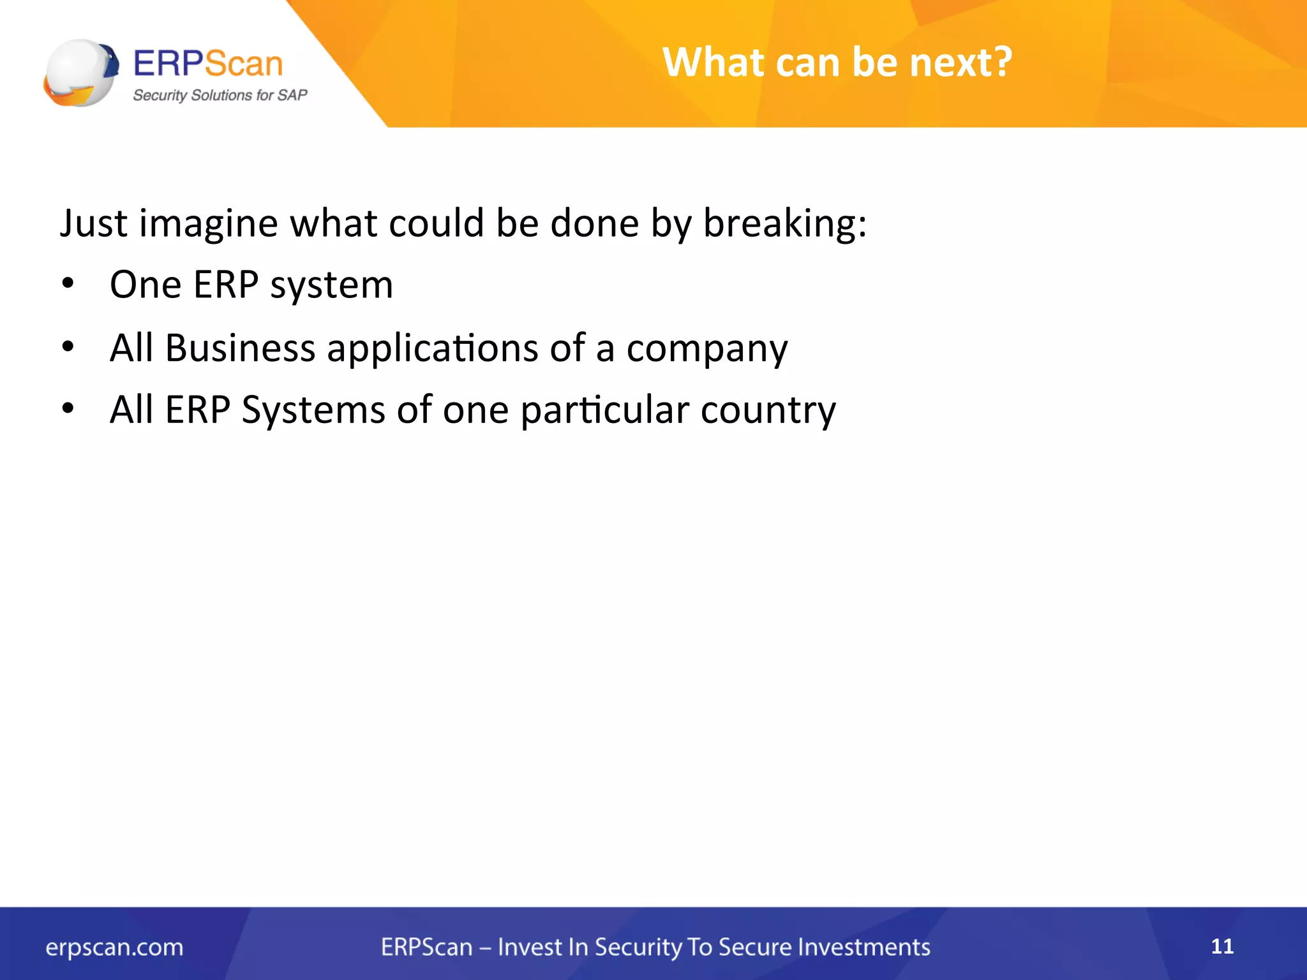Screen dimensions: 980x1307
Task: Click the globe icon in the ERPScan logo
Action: pos(80,73)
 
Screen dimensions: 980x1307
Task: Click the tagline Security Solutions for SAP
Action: pos(220,95)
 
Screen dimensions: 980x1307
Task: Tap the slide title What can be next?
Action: pos(837,63)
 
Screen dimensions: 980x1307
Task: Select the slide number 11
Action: pos(1222,946)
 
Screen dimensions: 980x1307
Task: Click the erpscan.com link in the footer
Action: pos(114,947)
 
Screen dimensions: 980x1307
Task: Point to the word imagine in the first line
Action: pos(208,224)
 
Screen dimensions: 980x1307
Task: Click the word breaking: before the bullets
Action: pos(784,224)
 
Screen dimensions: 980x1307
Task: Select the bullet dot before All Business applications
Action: pos(68,347)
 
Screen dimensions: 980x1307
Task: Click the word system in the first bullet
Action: pos(331,285)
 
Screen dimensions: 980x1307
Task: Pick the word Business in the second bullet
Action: pos(240,348)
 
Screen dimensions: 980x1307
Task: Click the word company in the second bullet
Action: pos(706,350)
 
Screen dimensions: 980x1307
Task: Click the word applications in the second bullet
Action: pos(433,350)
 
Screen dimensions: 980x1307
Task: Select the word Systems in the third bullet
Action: pos(313,410)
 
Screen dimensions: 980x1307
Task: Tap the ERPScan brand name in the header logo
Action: pos(208,64)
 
